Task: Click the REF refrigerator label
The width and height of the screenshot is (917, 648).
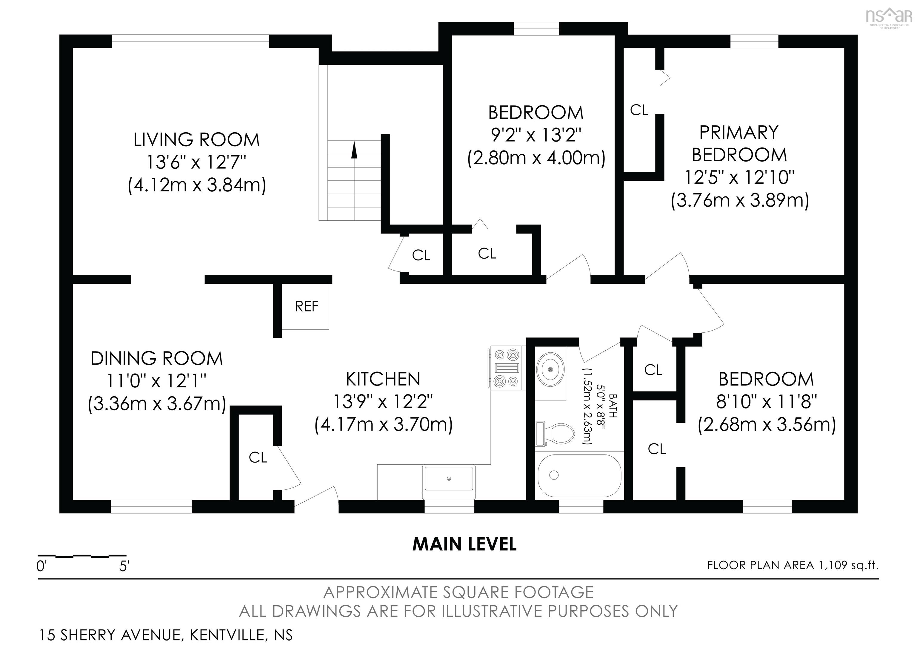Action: [306, 306]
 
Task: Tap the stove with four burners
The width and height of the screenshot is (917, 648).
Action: [506, 368]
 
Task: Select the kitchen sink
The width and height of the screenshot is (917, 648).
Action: [449, 479]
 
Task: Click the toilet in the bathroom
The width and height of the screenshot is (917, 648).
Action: [555, 434]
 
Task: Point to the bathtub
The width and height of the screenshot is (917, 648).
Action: [579, 475]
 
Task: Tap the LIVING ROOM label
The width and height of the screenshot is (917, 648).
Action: [196, 140]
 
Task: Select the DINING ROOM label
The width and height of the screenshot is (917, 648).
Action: [156, 358]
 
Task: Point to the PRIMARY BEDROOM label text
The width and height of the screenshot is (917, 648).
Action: [739, 143]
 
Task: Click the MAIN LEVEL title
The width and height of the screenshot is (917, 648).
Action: [464, 544]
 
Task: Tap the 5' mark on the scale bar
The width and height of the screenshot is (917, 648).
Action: [124, 566]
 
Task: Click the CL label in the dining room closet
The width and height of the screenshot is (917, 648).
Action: [258, 458]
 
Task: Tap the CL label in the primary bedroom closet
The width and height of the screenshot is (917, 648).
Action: [639, 110]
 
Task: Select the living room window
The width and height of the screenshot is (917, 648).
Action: [190, 41]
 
